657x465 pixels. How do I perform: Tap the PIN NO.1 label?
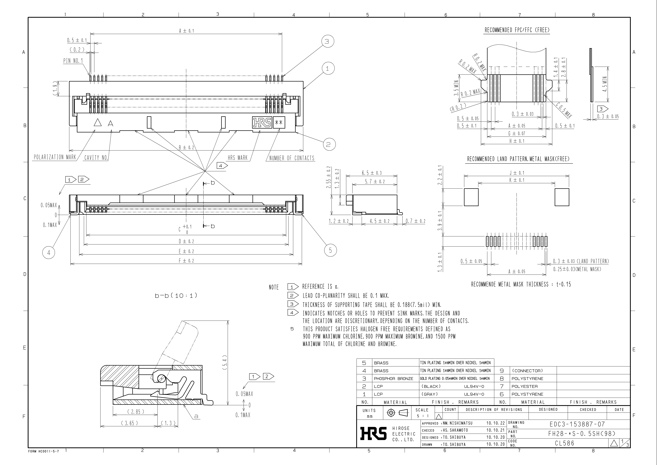[x=73, y=61]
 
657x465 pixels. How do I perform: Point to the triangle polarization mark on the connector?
[x=98, y=123]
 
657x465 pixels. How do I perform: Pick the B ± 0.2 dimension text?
[x=186, y=147]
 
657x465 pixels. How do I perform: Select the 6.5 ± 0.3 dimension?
[x=372, y=173]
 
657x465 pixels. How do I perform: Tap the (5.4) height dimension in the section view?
[x=225, y=363]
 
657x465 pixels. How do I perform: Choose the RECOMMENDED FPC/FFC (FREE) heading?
[x=517, y=30]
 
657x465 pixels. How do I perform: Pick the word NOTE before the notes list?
[x=274, y=287]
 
